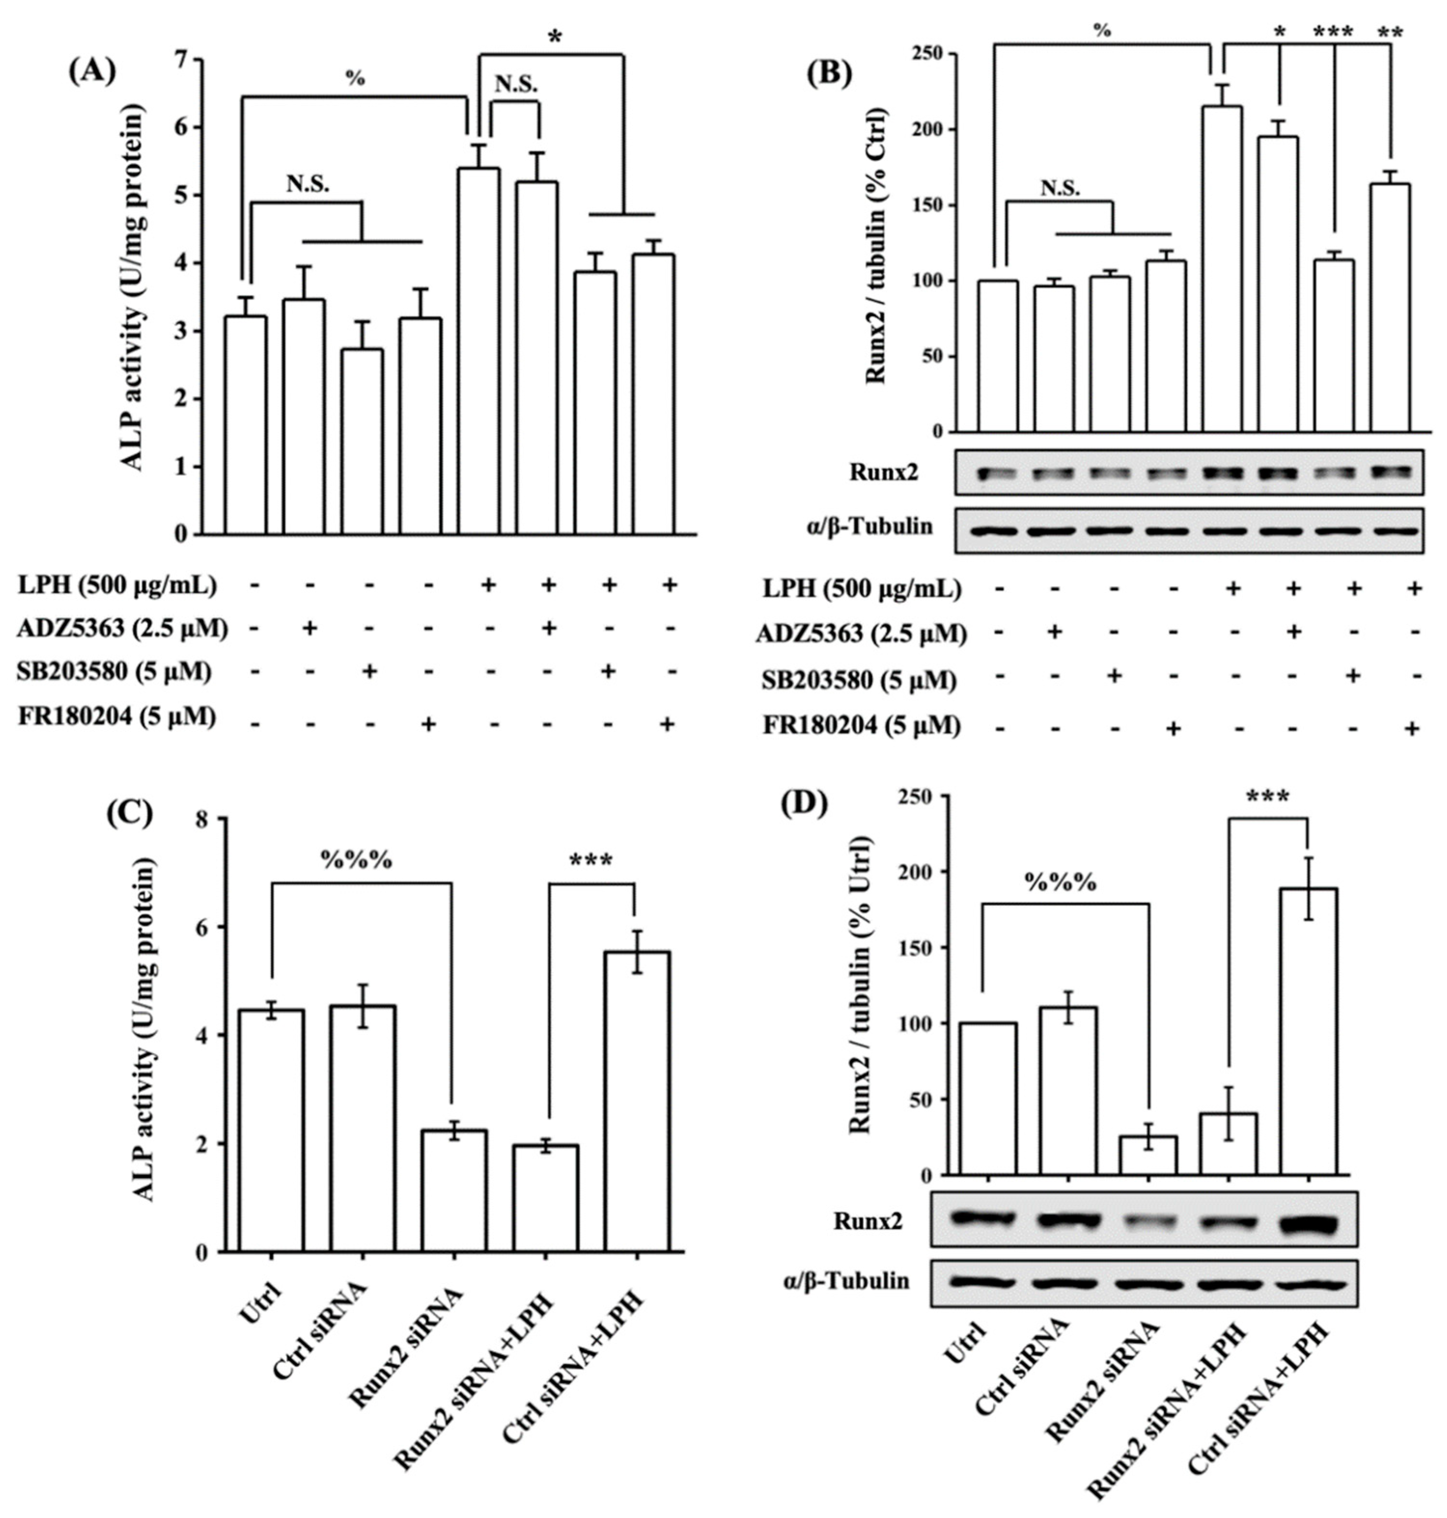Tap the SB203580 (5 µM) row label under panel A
point(114,672)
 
